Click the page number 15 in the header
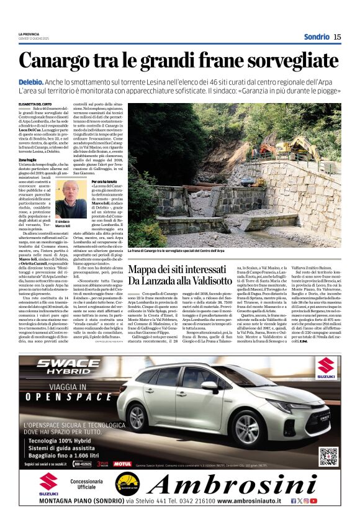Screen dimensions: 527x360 pos(337,37)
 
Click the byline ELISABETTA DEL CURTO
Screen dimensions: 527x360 pos(35,104)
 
